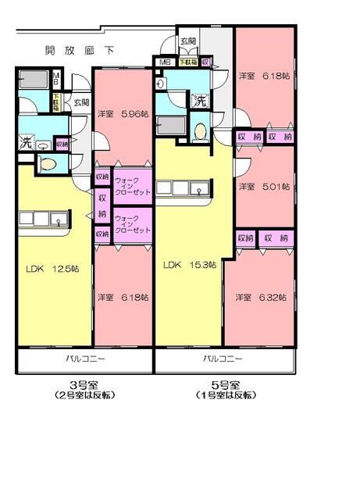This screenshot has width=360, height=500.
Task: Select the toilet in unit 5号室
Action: tap(199, 131)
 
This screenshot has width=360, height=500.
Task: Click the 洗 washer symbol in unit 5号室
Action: tap(200, 100)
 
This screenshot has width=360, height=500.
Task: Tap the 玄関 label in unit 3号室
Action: tap(80, 102)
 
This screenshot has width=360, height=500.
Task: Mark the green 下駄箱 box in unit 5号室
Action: tap(187, 62)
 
